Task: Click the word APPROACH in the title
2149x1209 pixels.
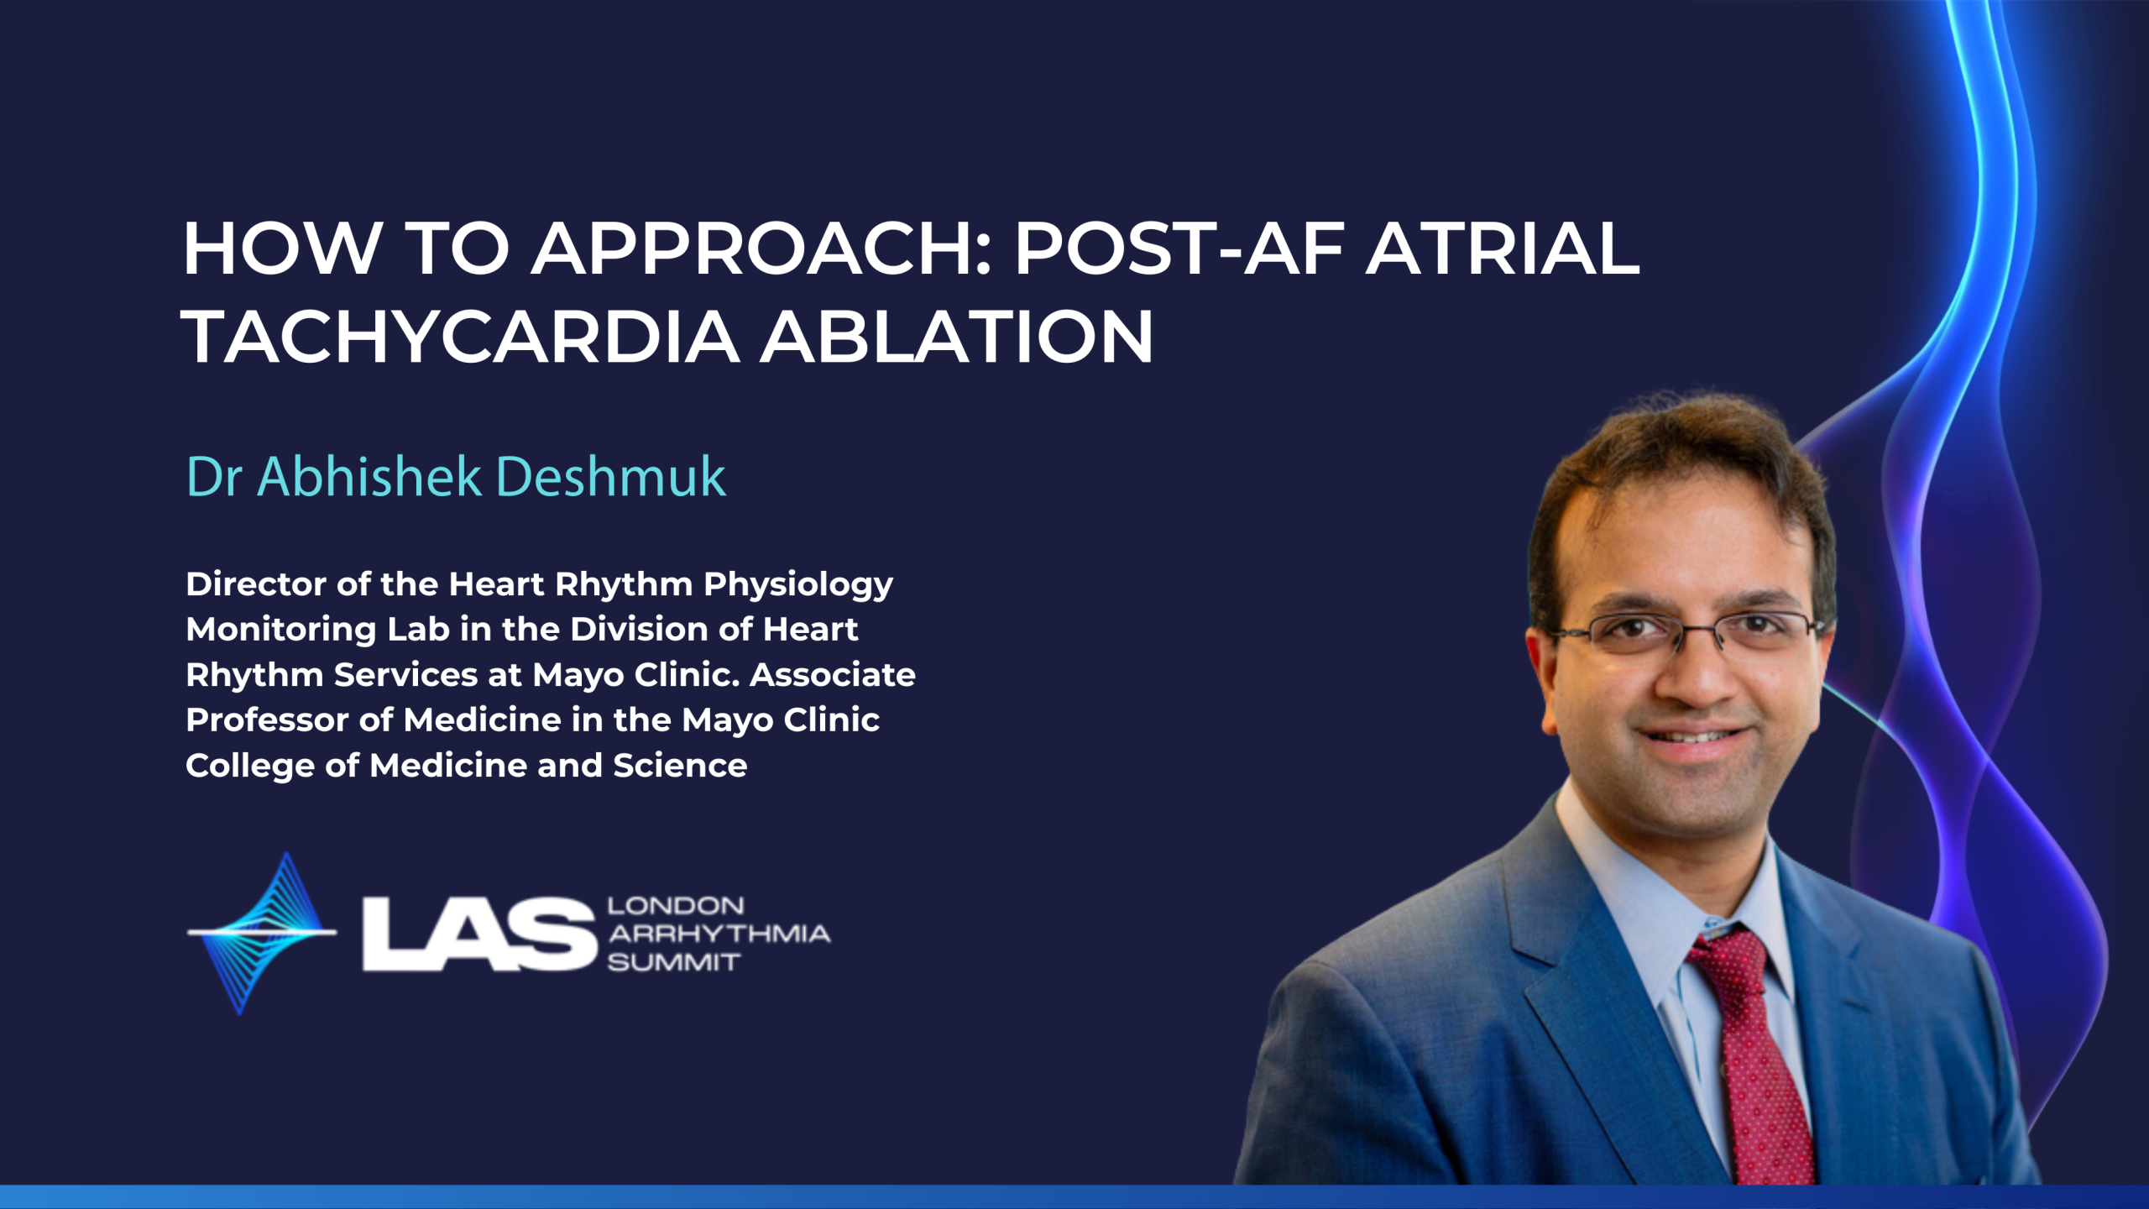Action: click(761, 249)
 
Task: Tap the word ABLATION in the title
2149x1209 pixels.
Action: click(957, 337)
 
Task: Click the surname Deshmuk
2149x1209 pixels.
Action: click(611, 477)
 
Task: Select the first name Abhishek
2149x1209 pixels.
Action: click(369, 477)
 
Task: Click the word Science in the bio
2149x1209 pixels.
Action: click(680, 766)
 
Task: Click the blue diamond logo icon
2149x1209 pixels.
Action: click(262, 933)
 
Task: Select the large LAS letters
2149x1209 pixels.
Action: click(479, 934)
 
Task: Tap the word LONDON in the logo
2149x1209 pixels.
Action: click(676, 906)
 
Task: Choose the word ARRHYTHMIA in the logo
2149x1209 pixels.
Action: click(719, 934)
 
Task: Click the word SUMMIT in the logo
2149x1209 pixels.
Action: click(674, 962)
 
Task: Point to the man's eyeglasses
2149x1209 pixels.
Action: click(1687, 635)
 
